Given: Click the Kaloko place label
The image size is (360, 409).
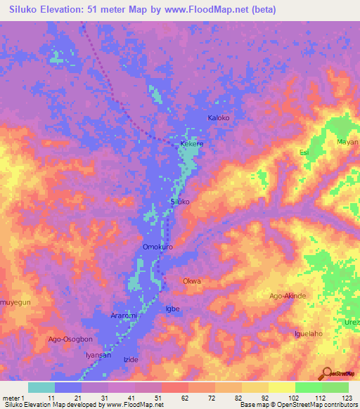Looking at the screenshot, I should tap(218, 118).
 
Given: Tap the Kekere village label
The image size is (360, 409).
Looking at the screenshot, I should tap(192, 143).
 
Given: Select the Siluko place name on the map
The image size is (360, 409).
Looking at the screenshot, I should tap(181, 202).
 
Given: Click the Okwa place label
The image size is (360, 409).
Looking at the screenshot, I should tap(192, 281).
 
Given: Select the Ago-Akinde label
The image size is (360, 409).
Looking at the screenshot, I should tap(288, 296).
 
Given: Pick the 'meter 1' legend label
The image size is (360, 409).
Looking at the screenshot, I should tap(14, 398).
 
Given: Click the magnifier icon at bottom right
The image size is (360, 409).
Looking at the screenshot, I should tap(326, 373).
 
